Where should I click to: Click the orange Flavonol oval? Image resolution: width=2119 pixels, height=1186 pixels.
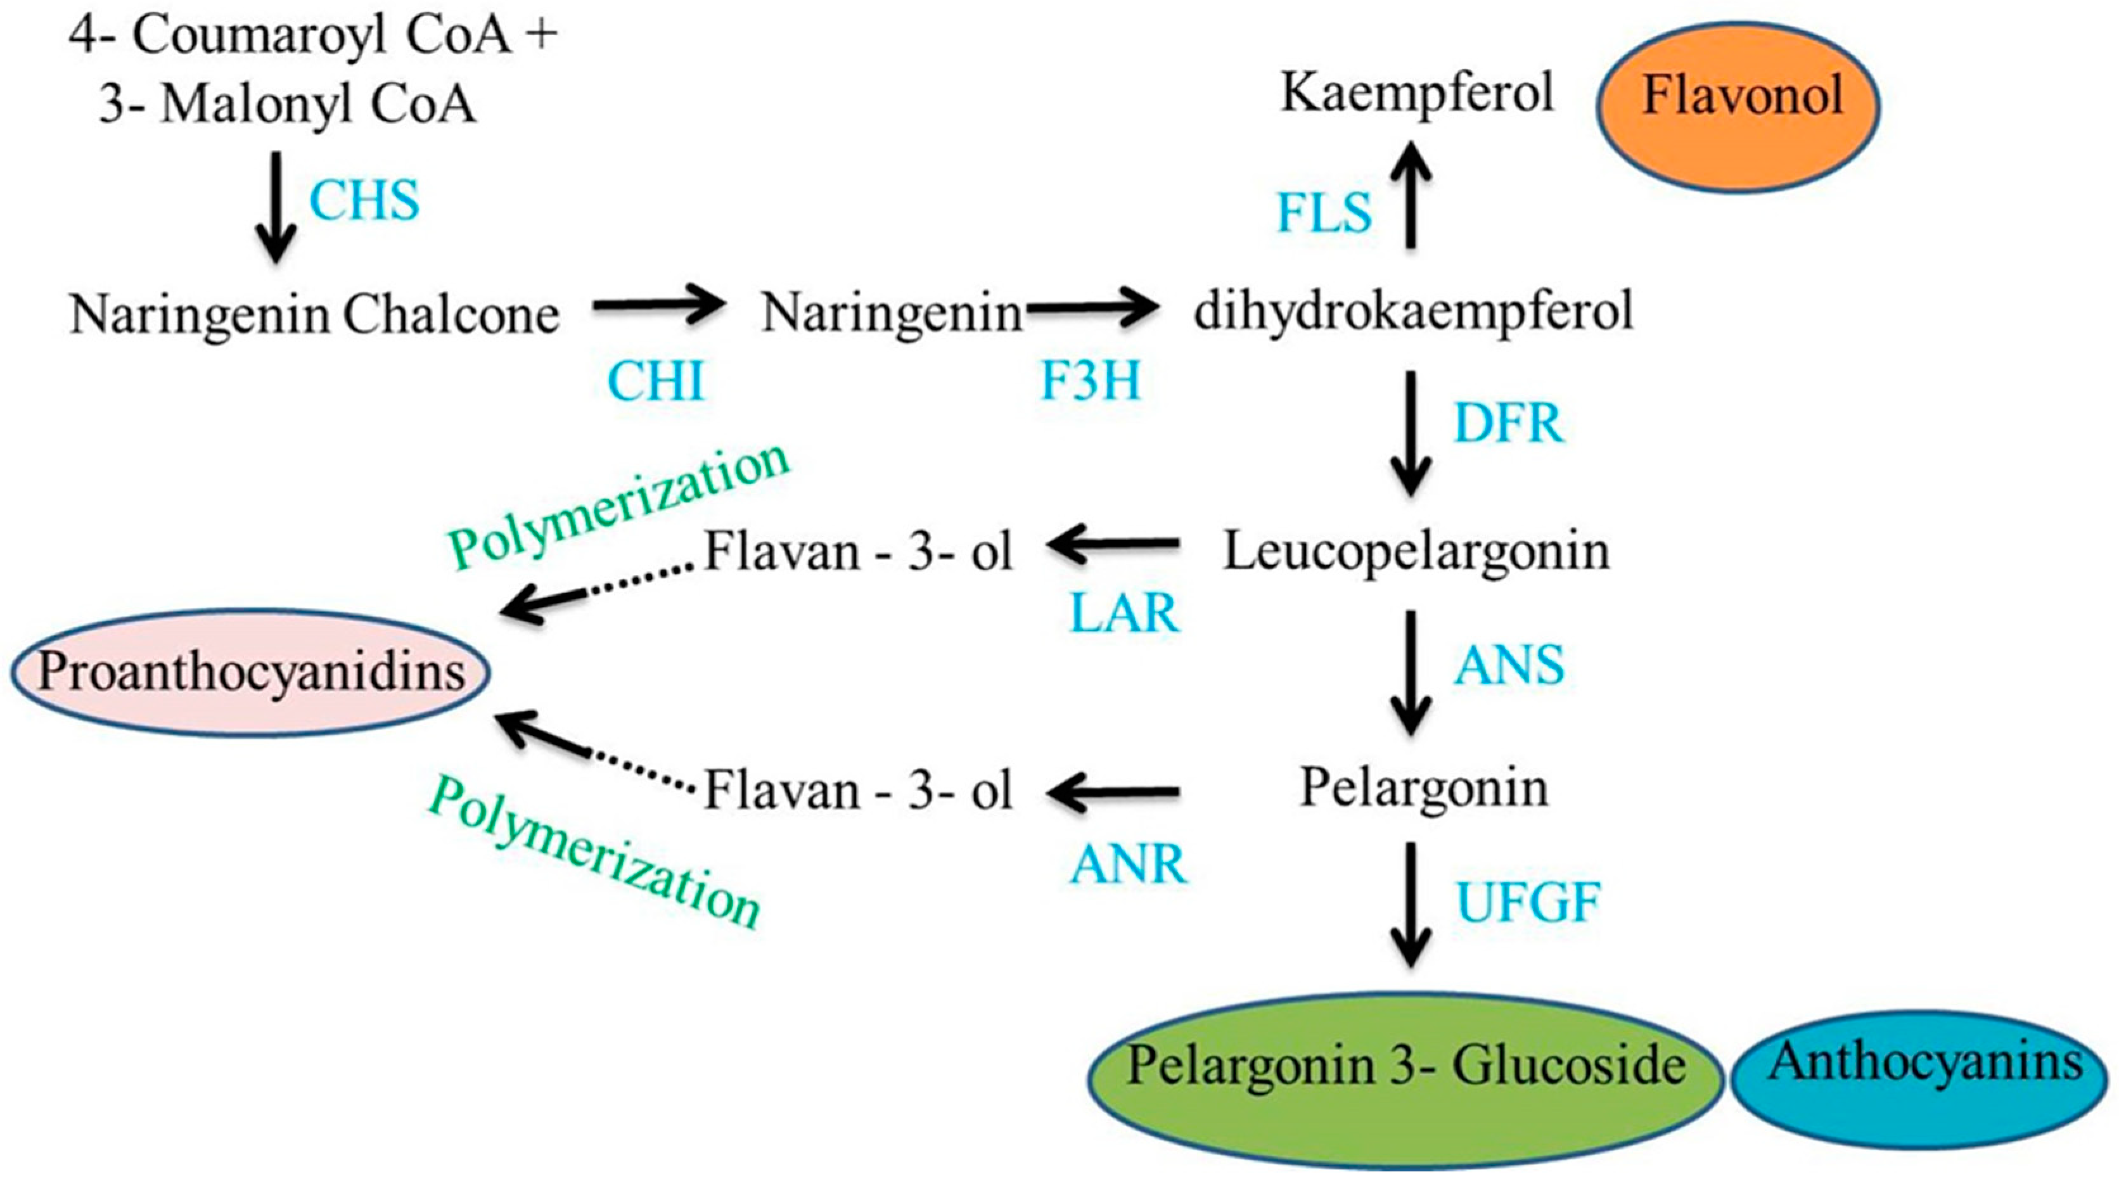pyautogui.click(x=1738, y=107)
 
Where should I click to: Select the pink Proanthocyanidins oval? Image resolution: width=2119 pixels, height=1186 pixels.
pyautogui.click(x=251, y=672)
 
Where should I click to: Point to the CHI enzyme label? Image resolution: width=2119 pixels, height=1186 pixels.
pyautogui.click(x=656, y=381)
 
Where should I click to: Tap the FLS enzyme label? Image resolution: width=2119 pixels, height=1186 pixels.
pyautogui.click(x=1324, y=212)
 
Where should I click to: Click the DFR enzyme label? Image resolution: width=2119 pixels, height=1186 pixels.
pyautogui.click(x=1509, y=424)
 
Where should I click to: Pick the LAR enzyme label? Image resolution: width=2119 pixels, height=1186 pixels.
pyautogui.click(x=1125, y=613)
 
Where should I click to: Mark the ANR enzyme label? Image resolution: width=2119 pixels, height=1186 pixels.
pyautogui.click(x=1129, y=864)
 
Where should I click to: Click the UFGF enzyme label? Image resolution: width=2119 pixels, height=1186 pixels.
pyautogui.click(x=1528, y=902)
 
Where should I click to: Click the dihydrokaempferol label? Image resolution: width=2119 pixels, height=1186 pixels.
pyautogui.click(x=1413, y=312)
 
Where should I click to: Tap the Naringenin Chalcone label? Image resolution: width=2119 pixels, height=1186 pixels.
pyautogui.click(x=314, y=314)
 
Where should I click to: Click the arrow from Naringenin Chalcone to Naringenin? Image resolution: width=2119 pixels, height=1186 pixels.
pyautogui.click(x=658, y=306)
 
